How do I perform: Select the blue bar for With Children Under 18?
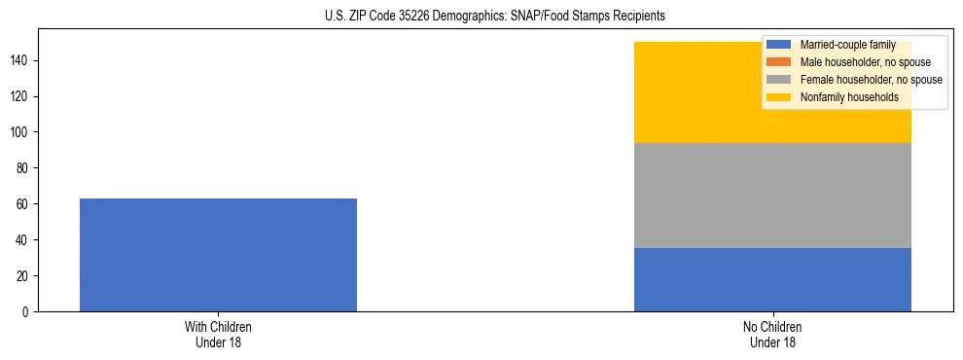point(218,255)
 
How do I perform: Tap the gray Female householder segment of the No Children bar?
point(772,196)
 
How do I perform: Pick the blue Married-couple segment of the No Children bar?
point(772,279)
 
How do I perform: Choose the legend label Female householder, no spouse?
point(871,80)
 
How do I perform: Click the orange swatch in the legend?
point(779,62)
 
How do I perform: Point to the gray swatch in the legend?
point(779,80)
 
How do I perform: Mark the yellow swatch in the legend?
point(779,97)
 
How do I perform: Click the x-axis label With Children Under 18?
point(218,335)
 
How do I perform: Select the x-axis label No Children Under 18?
point(772,335)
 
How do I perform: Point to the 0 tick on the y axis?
point(27,312)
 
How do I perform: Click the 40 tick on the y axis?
point(24,240)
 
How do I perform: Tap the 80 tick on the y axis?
point(24,168)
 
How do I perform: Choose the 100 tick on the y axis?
point(21,132)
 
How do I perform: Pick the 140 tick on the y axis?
point(21,60)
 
